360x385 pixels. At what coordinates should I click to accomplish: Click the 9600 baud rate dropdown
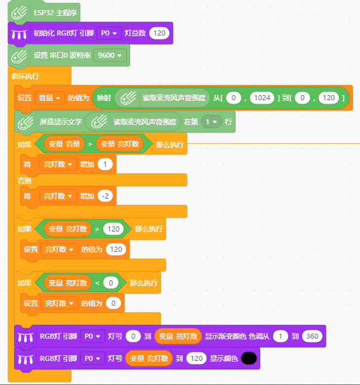tap(110, 55)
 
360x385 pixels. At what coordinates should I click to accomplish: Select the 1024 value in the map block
tap(262, 98)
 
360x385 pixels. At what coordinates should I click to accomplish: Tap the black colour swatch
tap(249, 358)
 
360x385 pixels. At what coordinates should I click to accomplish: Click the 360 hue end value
tap(312, 336)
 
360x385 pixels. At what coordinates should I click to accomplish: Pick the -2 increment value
tap(105, 196)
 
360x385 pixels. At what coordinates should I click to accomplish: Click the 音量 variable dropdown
tap(50, 98)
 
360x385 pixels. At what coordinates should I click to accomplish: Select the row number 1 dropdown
tap(211, 122)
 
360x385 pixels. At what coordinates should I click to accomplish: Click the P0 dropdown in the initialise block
tap(109, 33)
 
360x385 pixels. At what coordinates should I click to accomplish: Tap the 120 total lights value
tap(159, 33)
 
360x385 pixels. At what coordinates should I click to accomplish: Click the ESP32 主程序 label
tap(55, 13)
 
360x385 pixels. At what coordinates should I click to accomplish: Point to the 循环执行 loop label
tap(25, 76)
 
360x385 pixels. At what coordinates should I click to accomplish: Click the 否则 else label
tap(24, 181)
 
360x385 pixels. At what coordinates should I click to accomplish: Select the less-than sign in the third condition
tap(97, 283)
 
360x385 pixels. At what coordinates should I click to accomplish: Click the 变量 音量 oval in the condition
tap(64, 144)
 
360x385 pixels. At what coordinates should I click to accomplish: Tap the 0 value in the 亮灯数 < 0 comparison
tap(111, 283)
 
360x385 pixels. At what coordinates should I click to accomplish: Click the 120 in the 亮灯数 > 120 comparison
tap(113, 229)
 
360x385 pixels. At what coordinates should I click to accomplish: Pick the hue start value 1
tap(281, 336)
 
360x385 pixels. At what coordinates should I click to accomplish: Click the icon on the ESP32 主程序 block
tap(19, 13)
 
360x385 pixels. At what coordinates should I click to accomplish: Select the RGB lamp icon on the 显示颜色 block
tap(25, 359)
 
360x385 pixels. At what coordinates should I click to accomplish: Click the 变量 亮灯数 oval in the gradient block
tap(178, 336)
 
